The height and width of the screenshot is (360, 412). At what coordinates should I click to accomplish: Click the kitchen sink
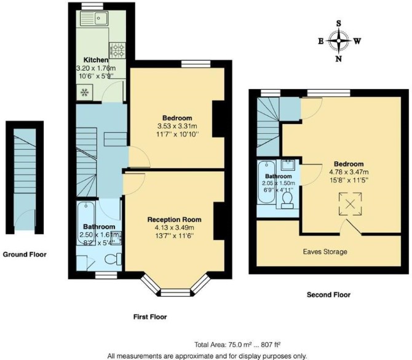pos(94,18)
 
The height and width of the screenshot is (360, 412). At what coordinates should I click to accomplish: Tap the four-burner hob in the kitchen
pos(117,50)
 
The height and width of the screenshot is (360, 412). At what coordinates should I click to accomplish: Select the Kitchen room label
pos(96,60)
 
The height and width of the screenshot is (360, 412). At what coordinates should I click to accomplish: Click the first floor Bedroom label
pos(177,118)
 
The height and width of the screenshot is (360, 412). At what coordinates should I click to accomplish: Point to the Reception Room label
pos(175,219)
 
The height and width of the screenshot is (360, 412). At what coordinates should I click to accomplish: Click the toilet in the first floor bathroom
pos(113,259)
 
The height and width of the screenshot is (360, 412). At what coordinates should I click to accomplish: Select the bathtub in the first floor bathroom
pos(85,223)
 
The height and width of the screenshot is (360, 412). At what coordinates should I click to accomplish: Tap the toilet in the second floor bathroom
pos(287,200)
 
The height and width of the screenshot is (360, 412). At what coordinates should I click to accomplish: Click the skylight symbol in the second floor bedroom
pos(350,205)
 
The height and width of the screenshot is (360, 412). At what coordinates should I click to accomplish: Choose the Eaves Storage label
pos(325,252)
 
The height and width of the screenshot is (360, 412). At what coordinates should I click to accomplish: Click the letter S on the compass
pos(339,23)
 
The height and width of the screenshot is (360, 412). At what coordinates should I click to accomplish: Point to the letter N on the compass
pos(339,59)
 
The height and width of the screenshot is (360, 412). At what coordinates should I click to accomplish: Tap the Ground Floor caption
pos(25,254)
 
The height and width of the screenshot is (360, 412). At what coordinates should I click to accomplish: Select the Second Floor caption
pos(328,295)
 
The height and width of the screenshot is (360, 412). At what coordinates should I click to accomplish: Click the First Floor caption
pos(150,317)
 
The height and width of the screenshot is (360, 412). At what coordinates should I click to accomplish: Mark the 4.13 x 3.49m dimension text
pos(175,228)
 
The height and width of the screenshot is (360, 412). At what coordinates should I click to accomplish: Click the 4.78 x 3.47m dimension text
pos(349,172)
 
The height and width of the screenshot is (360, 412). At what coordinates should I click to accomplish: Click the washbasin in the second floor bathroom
pos(288,165)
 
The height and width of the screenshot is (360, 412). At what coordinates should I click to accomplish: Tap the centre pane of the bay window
pos(175,293)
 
